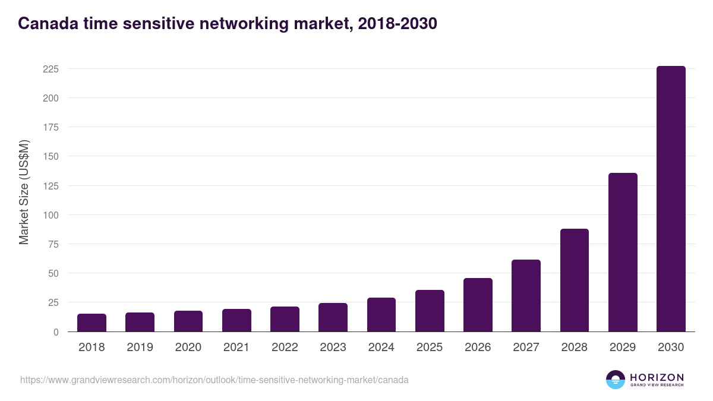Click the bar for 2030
point(671,199)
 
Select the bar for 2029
point(623,252)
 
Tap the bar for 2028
point(574,280)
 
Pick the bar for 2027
point(526,296)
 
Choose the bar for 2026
point(478,305)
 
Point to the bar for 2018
point(92,323)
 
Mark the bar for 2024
point(381,315)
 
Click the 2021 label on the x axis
point(236,348)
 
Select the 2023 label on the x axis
point(333,348)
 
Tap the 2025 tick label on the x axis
point(430,348)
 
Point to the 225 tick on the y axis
point(51,69)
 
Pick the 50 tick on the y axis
point(53,273)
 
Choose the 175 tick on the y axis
point(51,127)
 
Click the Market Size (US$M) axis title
point(24,192)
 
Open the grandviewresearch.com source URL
point(214,380)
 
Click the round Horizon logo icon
point(616,380)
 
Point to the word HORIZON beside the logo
point(657,377)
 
